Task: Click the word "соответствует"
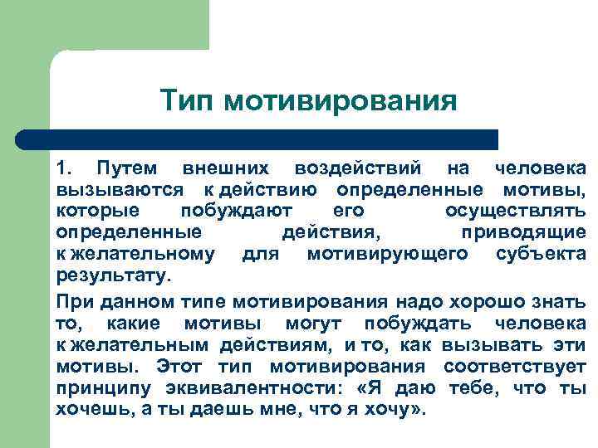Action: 515,367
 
